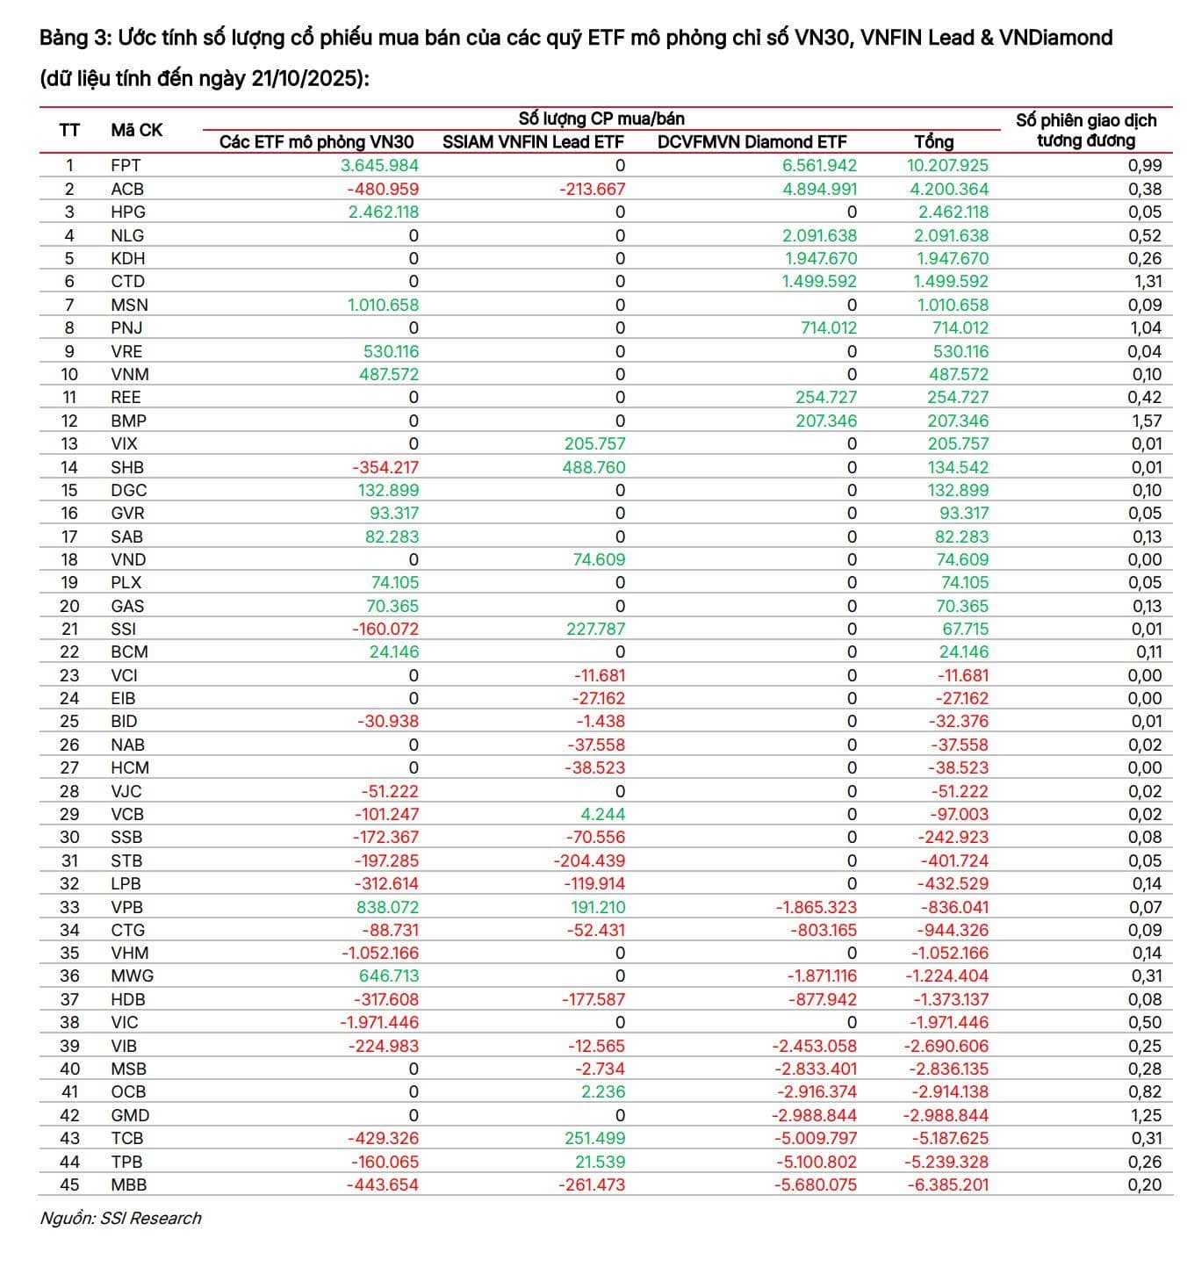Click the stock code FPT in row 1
(126, 165)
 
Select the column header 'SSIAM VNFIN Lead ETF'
(532, 142)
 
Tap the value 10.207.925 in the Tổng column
(947, 165)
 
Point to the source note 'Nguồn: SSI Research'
(120, 1218)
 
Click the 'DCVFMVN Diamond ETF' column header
(752, 142)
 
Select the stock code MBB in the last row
(128, 1184)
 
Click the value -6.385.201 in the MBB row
(947, 1184)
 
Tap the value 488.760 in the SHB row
(593, 467)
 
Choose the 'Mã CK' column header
(136, 130)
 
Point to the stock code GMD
(130, 1115)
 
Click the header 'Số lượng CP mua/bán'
(601, 119)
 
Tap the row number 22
(69, 651)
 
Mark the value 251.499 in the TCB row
(593, 1138)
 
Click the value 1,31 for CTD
(1147, 281)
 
